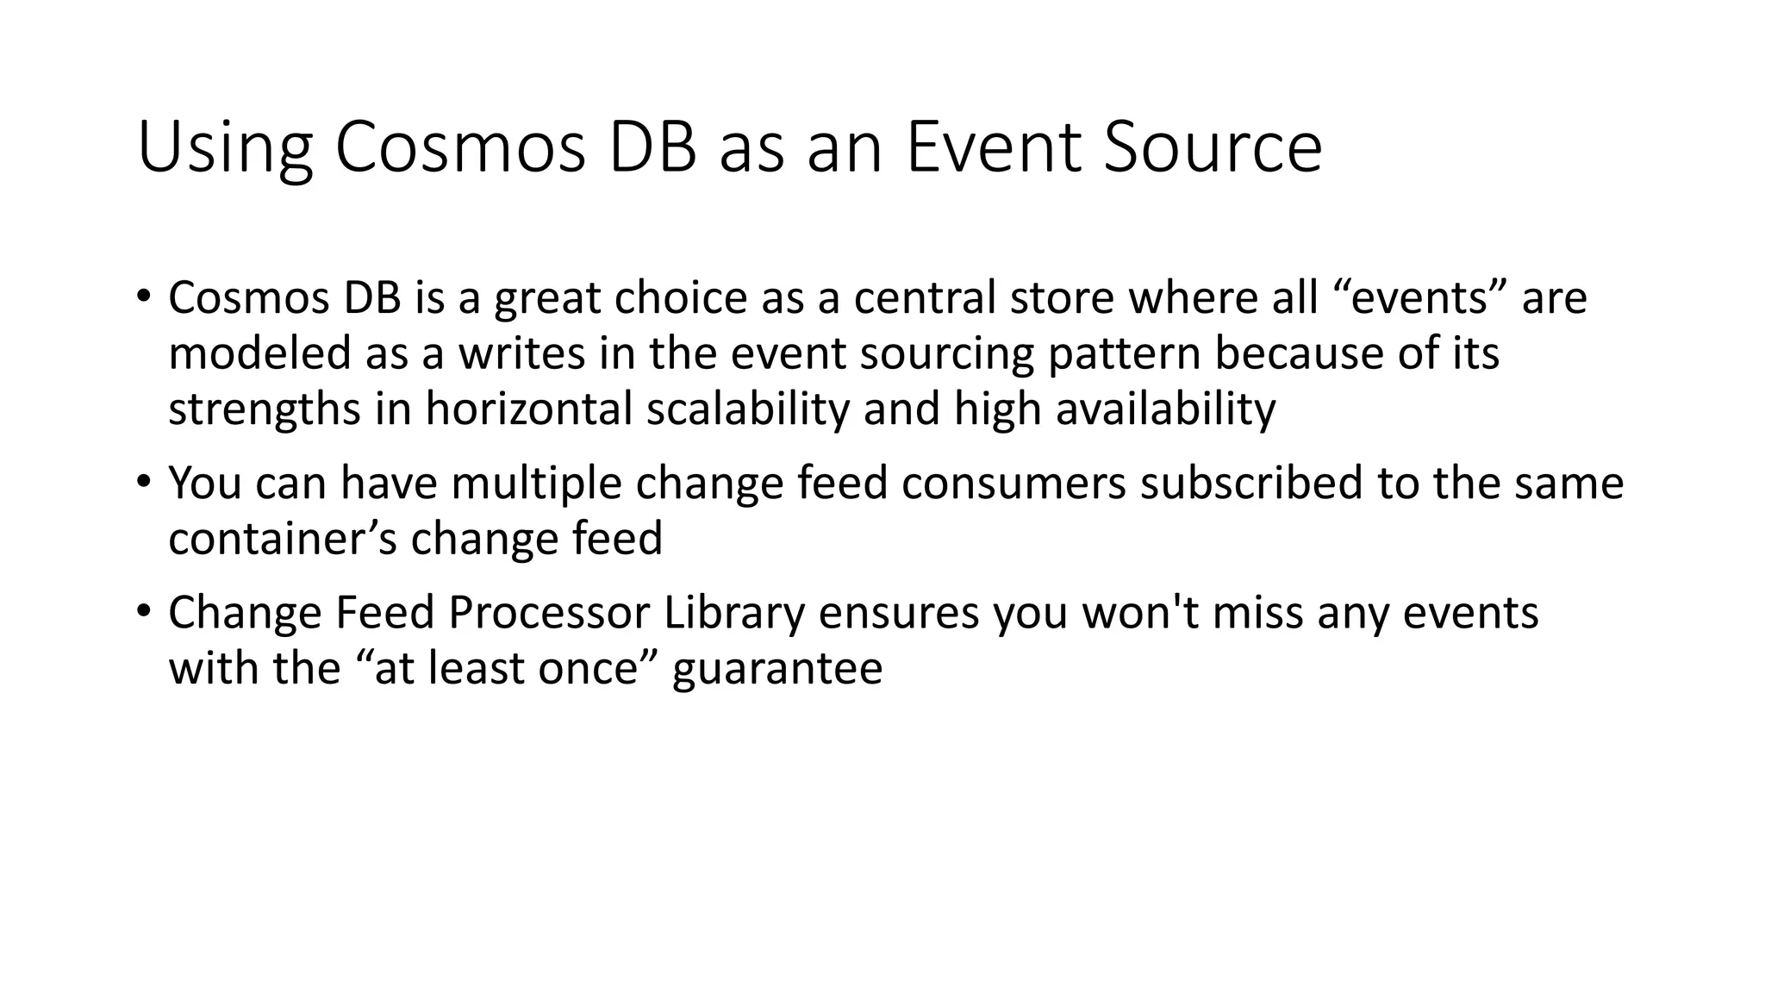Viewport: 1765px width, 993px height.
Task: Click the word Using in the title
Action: coord(224,148)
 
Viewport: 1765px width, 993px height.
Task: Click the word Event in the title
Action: coord(993,148)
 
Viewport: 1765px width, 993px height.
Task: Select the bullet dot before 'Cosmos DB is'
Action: coord(143,297)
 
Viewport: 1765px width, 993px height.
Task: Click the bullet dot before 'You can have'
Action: coord(143,482)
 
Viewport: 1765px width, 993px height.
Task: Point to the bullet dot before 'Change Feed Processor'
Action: coord(143,612)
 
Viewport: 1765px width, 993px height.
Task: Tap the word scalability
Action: coord(747,409)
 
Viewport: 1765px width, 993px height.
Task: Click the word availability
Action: coord(1165,409)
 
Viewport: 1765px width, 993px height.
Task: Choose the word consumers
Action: coord(1013,483)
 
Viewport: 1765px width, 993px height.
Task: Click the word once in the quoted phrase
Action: coord(587,669)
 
